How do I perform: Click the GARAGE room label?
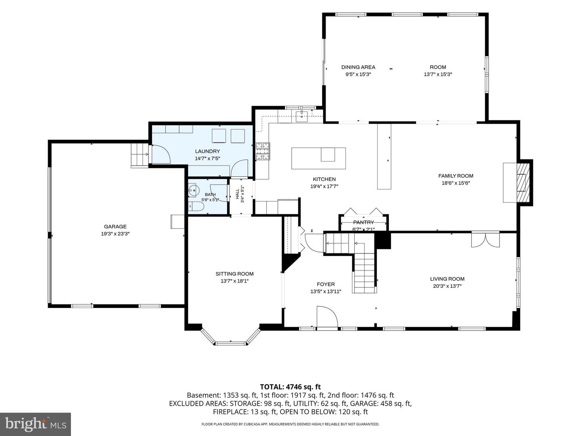[x=115, y=226]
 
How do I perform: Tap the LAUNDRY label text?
[x=207, y=151]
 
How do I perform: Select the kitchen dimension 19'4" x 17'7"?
[x=324, y=187]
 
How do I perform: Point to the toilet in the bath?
[x=195, y=206]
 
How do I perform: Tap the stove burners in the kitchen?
[x=263, y=151]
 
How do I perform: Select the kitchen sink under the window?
[x=302, y=116]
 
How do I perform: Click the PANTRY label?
[x=364, y=222]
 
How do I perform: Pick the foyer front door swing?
[x=328, y=317]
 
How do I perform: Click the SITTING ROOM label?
[x=234, y=274]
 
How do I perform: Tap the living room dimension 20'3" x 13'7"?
[x=447, y=286]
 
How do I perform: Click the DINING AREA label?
[x=358, y=67]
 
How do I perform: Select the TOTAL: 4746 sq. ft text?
[x=290, y=387]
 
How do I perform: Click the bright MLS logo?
[x=36, y=424]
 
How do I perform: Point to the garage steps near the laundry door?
[x=140, y=155]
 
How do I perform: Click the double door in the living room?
[x=485, y=240]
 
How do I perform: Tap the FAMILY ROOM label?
[x=456, y=176]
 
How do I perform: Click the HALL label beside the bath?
[x=237, y=194]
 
